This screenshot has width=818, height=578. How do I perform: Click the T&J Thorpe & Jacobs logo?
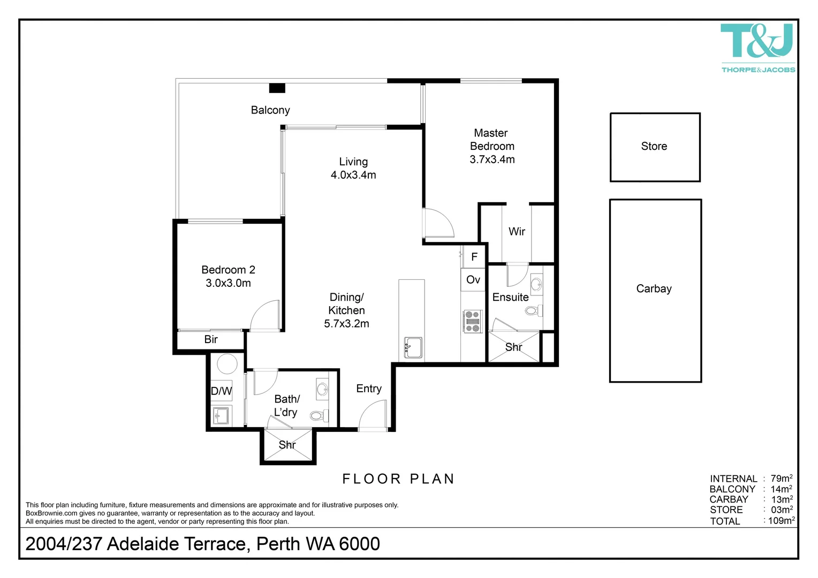pos(757,47)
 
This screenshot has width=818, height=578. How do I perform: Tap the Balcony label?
pos(270,110)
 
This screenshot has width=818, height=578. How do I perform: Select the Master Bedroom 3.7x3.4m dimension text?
pos(492,159)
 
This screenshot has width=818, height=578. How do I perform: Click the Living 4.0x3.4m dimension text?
pos(353,175)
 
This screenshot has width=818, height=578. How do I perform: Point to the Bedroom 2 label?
pos(228,270)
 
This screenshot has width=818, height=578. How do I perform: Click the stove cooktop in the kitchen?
pos(472,322)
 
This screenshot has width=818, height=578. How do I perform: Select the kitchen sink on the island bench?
pos(413,348)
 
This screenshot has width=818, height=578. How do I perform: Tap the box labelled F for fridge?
pos(474,257)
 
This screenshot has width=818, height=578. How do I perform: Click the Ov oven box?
pos(473,280)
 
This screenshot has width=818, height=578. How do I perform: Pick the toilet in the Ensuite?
pos(534,310)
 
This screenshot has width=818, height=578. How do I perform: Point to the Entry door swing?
pos(373,416)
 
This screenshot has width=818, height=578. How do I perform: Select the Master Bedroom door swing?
pos(438,224)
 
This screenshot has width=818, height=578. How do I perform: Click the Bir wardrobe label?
pos(211,339)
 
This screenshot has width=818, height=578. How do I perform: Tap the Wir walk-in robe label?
pos(517,232)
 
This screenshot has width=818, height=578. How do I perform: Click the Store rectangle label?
pos(654,146)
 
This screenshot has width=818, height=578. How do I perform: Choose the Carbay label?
pos(654,289)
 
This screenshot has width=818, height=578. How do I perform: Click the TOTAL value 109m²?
pos(781,521)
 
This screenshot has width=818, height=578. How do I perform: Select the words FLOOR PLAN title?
pos(398,479)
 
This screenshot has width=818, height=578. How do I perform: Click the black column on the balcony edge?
pos(277,88)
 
